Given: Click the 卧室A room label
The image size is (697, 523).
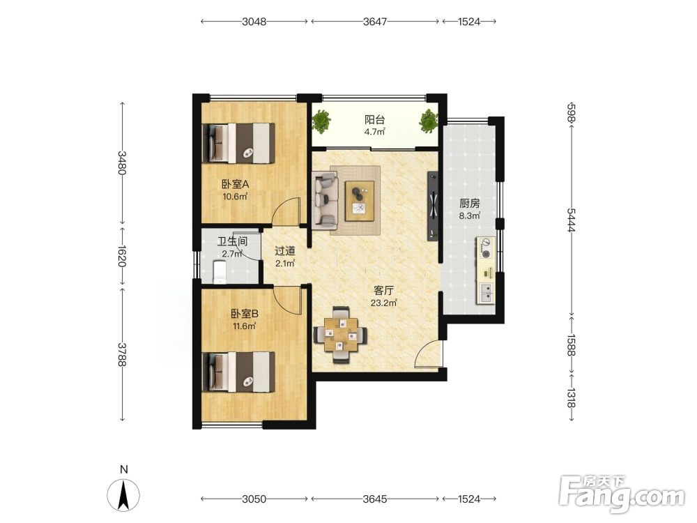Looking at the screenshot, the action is [235, 183].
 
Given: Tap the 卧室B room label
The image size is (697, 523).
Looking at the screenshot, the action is [244, 314].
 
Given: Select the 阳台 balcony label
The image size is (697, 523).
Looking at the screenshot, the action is [375, 120].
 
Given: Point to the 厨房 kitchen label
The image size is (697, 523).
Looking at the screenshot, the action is [469, 204].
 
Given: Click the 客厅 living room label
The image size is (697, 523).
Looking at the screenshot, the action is [383, 291].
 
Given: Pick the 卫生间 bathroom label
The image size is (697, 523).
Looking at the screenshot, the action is [232, 242].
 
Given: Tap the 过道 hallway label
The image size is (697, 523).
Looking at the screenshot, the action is [285, 251].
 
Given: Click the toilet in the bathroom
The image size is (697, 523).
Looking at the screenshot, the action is [220, 272].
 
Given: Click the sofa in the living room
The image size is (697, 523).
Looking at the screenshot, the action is [325, 201].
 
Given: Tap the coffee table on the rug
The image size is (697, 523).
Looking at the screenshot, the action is [359, 201].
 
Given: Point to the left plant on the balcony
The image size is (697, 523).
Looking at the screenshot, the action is [321, 121].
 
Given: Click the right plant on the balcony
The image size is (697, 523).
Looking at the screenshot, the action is [429, 121].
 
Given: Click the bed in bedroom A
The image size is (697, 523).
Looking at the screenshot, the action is [238, 143].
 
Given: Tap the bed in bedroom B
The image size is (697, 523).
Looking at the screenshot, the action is [238, 372].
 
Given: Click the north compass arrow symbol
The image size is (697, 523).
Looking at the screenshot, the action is [124, 494].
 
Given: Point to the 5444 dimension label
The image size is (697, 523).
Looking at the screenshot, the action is [572, 220].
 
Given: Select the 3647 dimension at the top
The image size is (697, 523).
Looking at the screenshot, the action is [375, 22].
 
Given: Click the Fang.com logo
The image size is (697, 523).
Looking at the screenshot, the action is [622, 493].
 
